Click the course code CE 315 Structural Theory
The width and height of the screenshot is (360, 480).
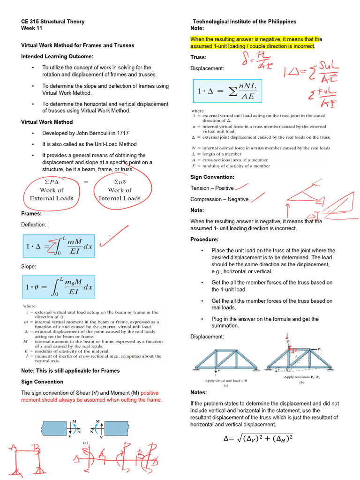coord(53,22)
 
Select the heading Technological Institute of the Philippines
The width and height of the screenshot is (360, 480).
coord(245,22)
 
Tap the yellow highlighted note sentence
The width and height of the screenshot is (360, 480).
coord(255,43)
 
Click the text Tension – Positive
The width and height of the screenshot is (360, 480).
coord(212,188)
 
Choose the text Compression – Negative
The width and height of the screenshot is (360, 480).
coord(219,199)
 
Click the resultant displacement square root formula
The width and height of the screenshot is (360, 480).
coord(258,438)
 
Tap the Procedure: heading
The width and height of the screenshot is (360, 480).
coord(205,240)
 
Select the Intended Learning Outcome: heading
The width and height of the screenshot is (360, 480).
coord(57,56)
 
